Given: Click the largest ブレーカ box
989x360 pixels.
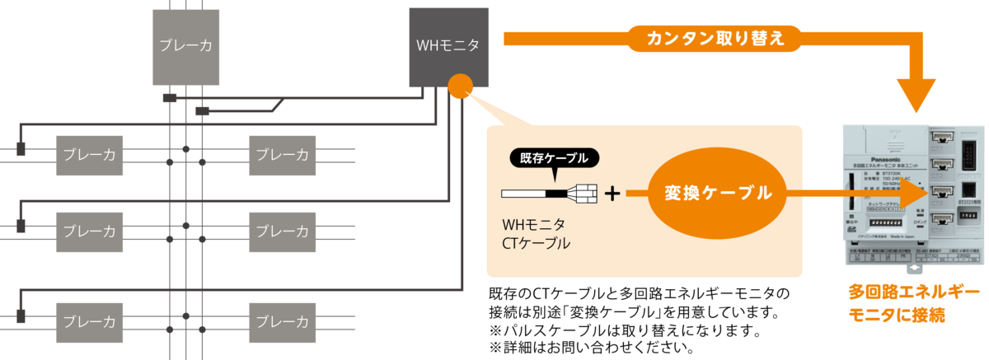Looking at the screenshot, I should (x=186, y=47).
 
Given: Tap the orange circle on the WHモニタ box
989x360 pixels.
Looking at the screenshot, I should (x=459, y=85).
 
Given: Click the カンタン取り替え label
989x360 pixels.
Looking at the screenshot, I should (x=715, y=39).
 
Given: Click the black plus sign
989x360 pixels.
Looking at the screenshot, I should (x=612, y=194).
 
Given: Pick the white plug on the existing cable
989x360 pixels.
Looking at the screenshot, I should (x=586, y=194).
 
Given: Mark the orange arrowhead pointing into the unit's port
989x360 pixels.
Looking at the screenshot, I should (x=911, y=194).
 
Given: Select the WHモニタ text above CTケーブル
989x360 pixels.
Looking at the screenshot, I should (x=532, y=224).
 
